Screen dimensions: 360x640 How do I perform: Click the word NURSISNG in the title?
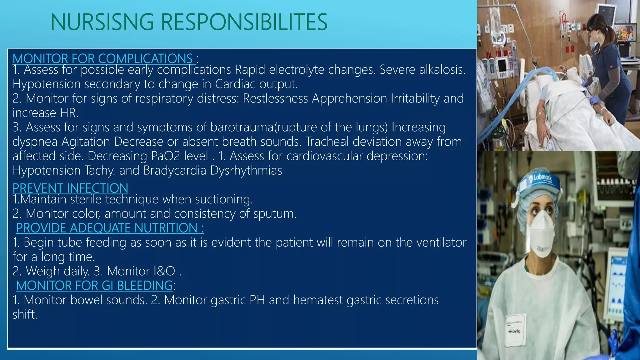coord(102,22)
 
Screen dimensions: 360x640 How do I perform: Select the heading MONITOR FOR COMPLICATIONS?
coord(103,58)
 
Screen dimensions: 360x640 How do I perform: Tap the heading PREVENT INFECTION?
coord(70,188)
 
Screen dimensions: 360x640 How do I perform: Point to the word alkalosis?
coord(442,70)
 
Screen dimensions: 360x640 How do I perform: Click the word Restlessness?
coord(275,98)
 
